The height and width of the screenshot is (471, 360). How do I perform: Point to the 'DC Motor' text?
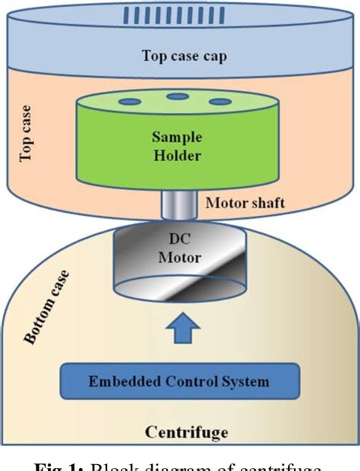tap(179, 249)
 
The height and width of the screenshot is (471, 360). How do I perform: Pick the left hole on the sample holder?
tap(130, 101)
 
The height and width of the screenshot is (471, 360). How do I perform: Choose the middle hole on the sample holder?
tap(178, 96)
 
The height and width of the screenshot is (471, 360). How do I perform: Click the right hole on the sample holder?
tap(220, 101)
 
